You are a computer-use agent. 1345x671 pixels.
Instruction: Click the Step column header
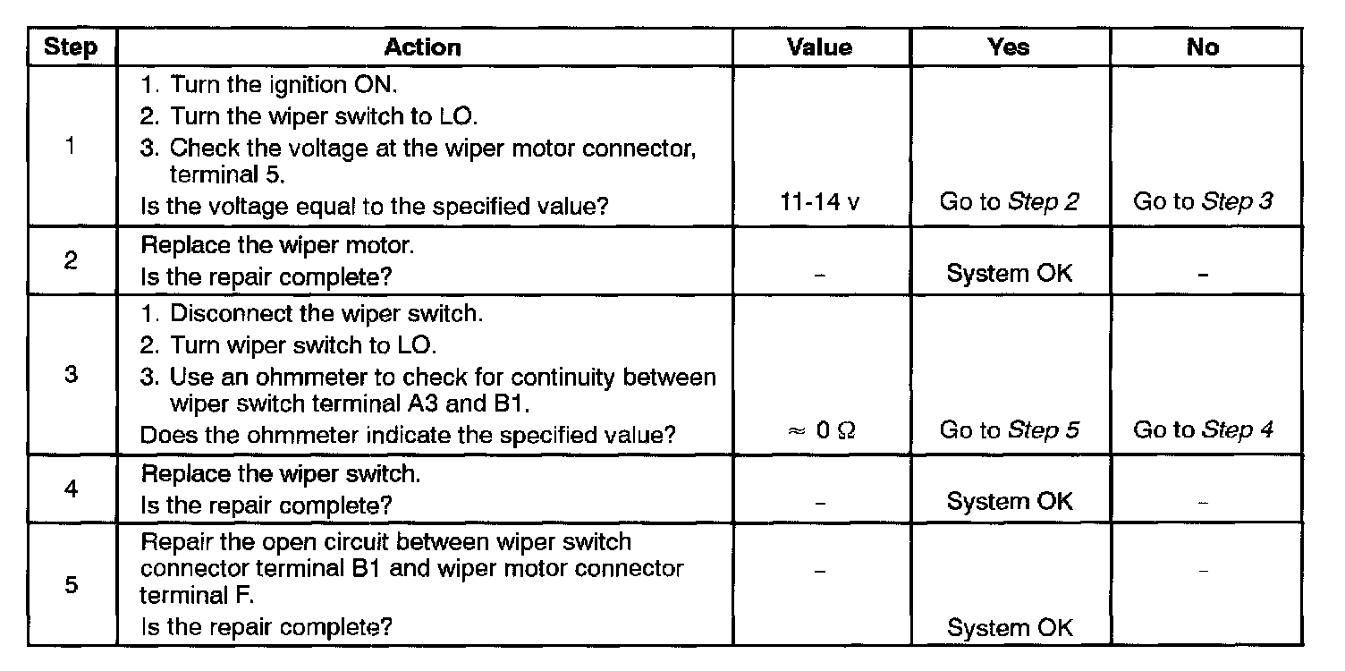(x=71, y=47)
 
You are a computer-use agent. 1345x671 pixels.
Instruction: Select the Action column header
(x=423, y=47)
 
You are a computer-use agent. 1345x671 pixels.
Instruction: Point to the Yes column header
(x=1009, y=47)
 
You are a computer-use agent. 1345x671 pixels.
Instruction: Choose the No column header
(x=1203, y=47)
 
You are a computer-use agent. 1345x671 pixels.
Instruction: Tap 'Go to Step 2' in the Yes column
(x=1009, y=203)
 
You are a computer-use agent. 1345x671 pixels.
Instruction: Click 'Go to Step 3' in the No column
(x=1203, y=203)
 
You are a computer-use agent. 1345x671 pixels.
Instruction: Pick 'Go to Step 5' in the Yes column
(x=1009, y=431)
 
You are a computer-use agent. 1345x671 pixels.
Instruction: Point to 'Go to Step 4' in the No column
(x=1203, y=431)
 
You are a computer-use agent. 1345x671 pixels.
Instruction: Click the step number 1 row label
(x=71, y=147)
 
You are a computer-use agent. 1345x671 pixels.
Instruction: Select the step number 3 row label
(x=71, y=376)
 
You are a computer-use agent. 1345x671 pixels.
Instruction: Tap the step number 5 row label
(x=71, y=585)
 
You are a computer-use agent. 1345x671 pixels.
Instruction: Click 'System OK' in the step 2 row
(x=1009, y=274)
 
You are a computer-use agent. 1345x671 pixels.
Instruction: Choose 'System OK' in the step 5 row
(x=1009, y=627)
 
